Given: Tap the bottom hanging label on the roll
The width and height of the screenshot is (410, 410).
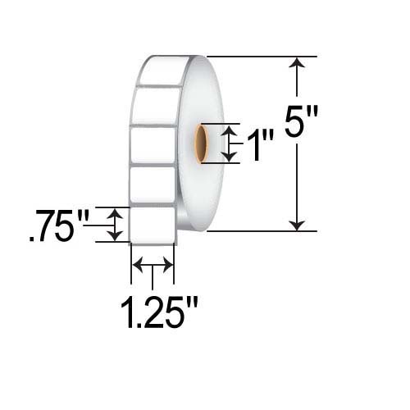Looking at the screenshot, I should [x=153, y=225].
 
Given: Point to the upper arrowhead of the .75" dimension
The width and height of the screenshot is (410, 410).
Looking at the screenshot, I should [x=116, y=212].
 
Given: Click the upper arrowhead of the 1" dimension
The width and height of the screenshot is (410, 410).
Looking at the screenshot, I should [x=232, y=130].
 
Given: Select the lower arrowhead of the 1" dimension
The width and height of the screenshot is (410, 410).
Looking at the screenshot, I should [x=232, y=157].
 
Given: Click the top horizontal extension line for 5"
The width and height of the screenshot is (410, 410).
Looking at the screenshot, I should [x=262, y=57].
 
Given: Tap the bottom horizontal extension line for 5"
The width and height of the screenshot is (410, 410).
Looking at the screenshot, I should [x=262, y=231].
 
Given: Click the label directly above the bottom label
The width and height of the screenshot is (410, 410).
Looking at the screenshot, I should [x=153, y=186].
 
